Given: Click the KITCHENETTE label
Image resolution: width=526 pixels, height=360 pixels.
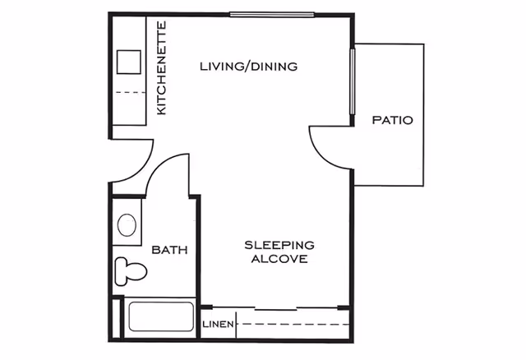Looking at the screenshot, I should coord(162,67).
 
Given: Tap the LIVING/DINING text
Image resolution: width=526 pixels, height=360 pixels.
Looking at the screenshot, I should coord(248,67).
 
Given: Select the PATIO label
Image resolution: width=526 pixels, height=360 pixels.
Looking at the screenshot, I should coord(392,120).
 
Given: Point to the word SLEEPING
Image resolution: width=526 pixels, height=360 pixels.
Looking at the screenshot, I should coord(280,245).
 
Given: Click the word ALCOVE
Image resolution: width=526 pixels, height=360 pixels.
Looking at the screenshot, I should coord(280,259).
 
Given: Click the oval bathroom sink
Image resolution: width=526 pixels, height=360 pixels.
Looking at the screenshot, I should coord(127,225).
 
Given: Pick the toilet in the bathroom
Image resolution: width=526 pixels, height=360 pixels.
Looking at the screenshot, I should coord(131,269).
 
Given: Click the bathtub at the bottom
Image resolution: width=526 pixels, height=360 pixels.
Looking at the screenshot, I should coord(159,319).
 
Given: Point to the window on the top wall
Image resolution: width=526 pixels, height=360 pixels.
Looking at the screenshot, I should coord(271,13).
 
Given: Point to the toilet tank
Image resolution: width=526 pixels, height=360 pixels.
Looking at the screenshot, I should coord(119,269).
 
